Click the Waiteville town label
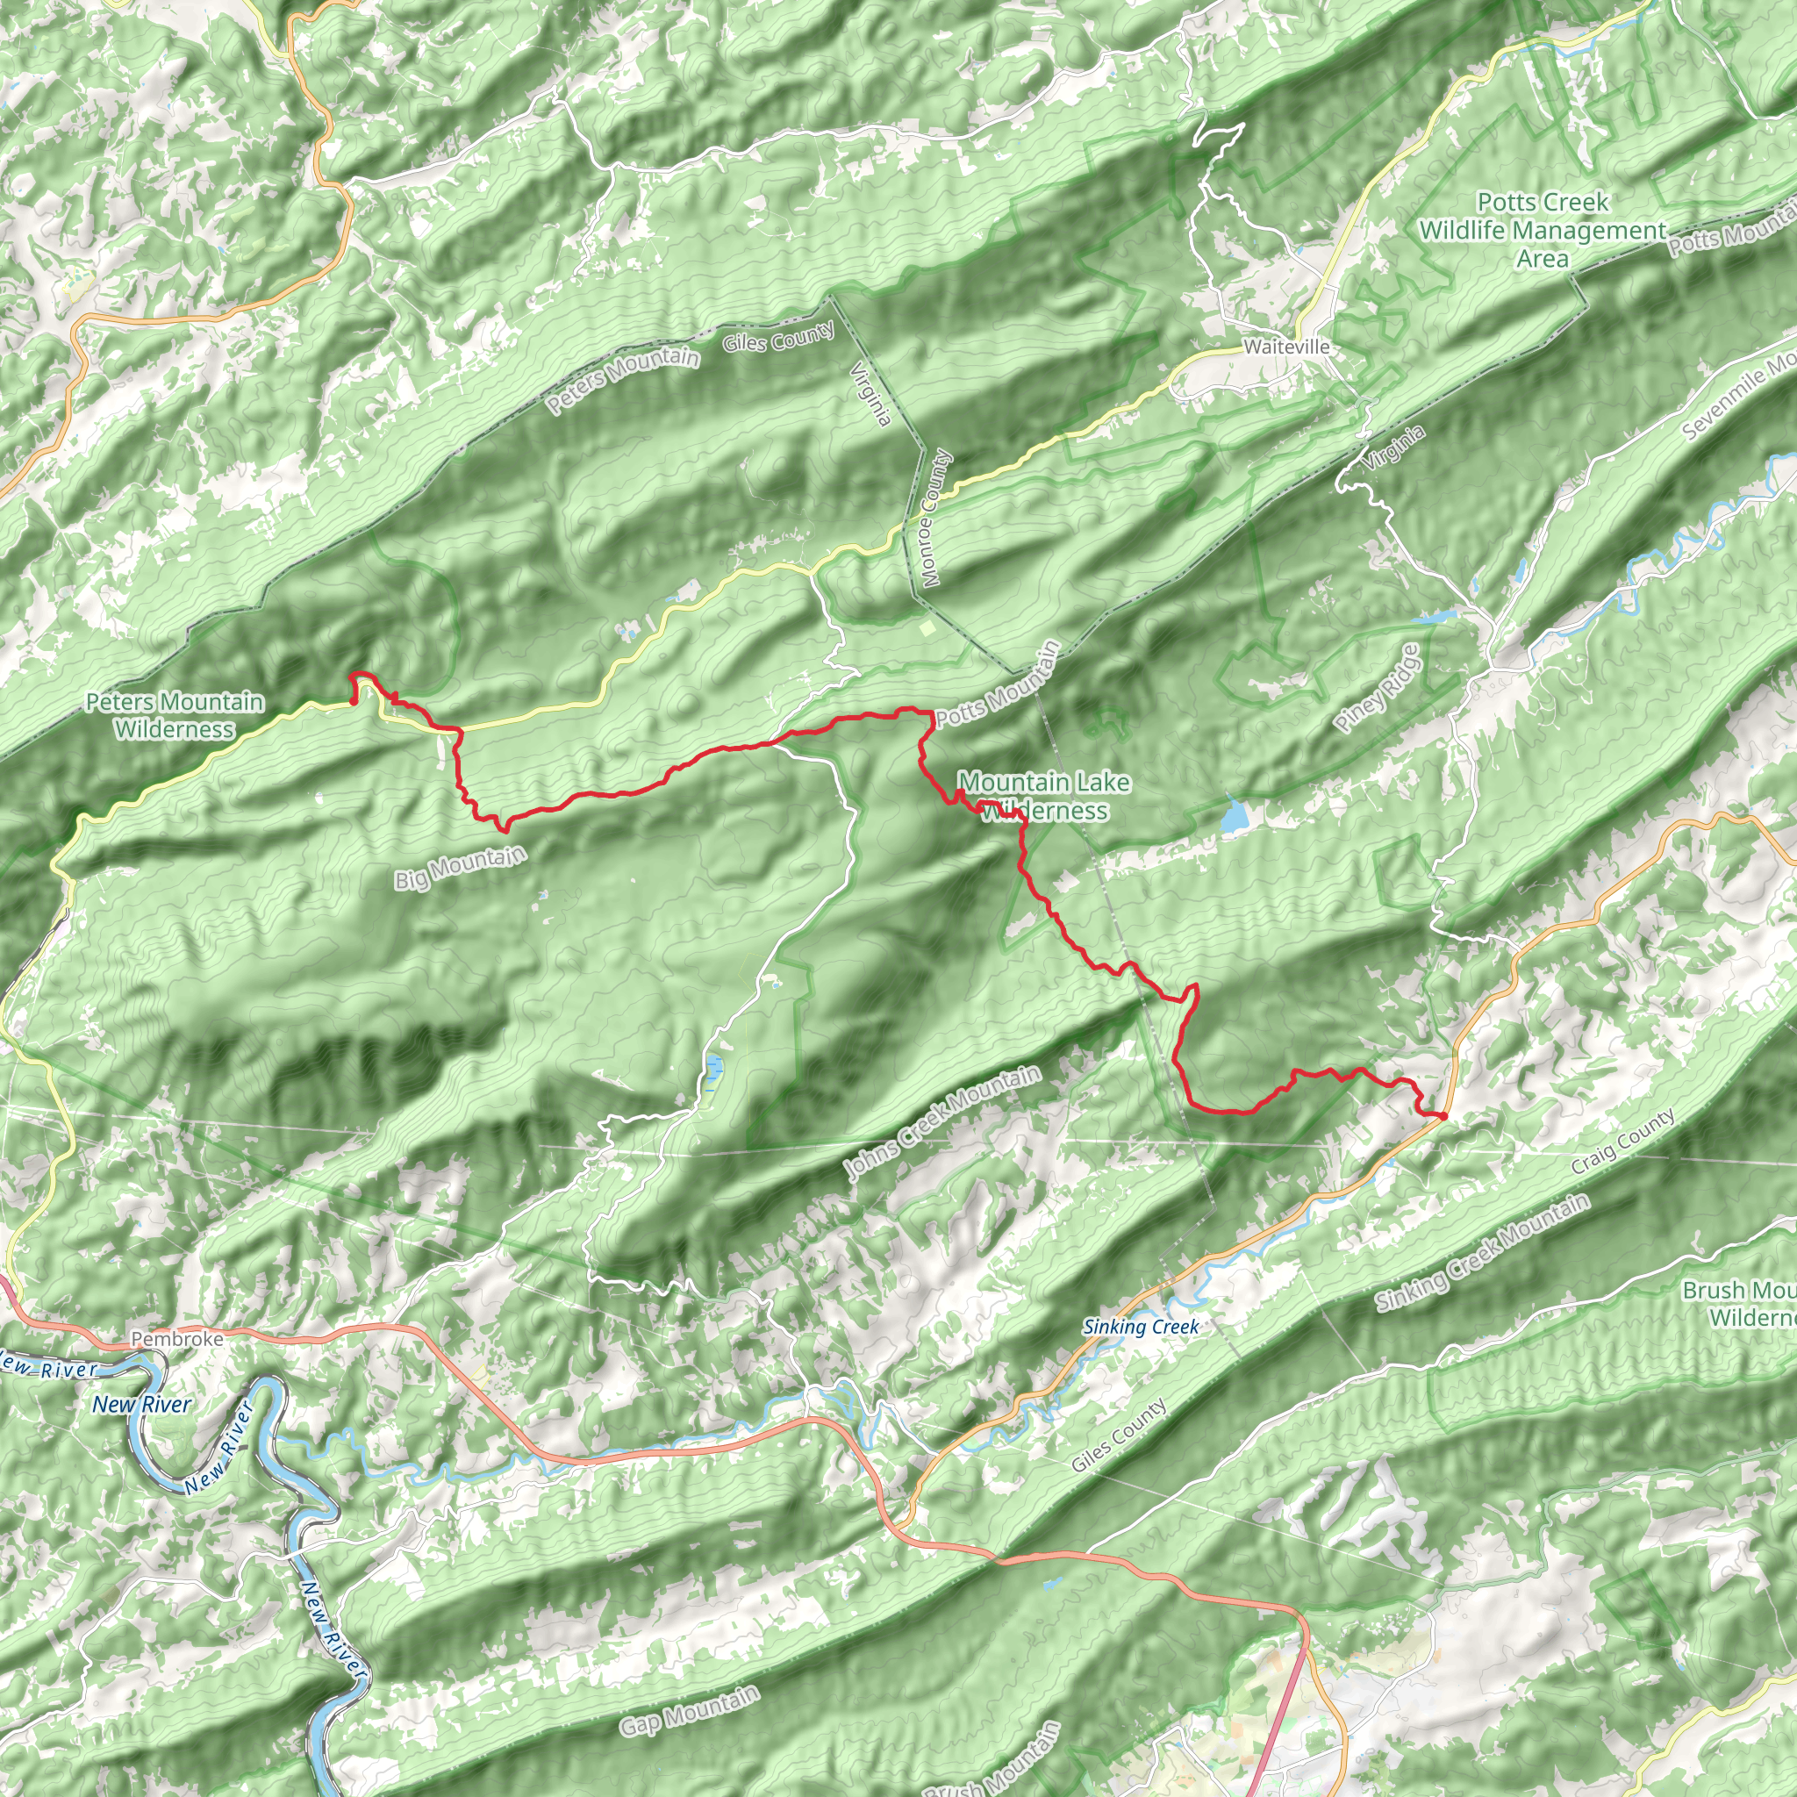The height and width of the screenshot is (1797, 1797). tap(1286, 347)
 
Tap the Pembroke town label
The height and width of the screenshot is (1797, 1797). tap(176, 1338)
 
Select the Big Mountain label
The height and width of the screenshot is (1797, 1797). tap(461, 867)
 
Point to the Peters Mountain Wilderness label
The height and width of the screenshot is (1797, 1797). tap(175, 715)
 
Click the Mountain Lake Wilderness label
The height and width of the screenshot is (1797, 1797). tap(1044, 796)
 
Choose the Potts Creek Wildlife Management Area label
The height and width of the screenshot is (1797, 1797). tap(1543, 230)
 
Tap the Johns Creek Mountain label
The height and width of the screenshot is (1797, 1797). tap(942, 1124)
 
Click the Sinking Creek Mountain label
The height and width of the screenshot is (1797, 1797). tap(1483, 1253)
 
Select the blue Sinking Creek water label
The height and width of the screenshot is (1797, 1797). tap(1141, 1327)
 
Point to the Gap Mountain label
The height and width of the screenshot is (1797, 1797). tap(689, 1710)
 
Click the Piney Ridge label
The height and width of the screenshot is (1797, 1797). tap(1378, 688)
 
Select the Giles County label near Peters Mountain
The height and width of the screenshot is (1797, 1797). tap(778, 337)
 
